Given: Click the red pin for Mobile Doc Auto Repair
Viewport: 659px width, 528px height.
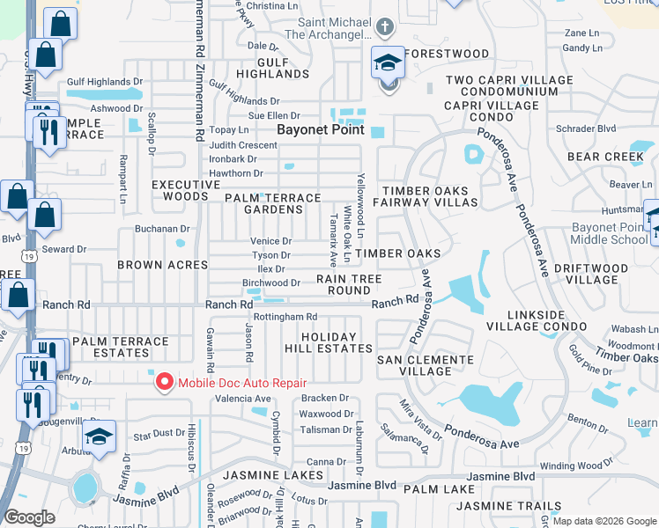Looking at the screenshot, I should (x=164, y=383).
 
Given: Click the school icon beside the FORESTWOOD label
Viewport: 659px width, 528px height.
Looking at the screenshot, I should (x=389, y=63).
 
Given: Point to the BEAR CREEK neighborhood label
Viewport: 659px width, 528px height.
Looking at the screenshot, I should (x=606, y=157).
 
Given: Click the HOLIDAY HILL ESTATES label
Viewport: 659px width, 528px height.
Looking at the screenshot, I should (x=336, y=342).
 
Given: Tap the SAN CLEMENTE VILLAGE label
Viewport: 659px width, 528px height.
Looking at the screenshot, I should (x=426, y=365).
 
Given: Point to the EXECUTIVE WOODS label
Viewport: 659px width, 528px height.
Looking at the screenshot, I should (x=186, y=190).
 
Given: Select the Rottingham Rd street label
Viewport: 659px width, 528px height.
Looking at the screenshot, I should (x=285, y=317).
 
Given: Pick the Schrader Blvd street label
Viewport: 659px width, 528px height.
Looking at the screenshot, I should (x=587, y=128).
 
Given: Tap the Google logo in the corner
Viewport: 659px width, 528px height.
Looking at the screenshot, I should (x=29, y=517).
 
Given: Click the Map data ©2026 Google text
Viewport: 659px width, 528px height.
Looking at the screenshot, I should (x=603, y=521).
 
